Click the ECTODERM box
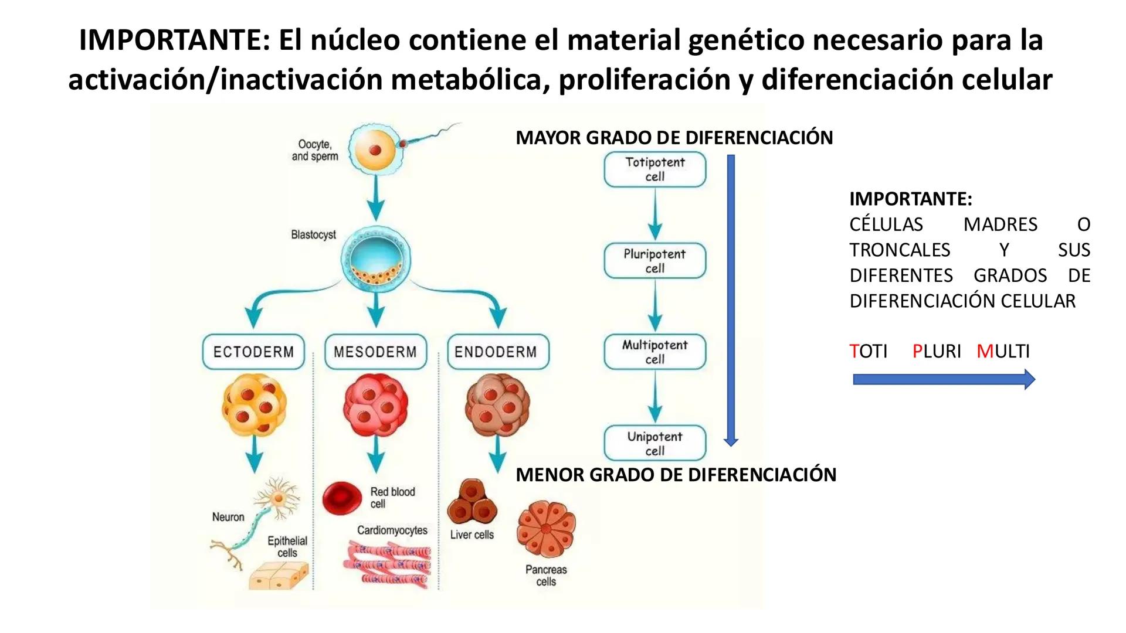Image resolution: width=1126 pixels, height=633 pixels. [x=253, y=352]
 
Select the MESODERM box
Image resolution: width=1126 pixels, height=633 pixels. [x=375, y=352]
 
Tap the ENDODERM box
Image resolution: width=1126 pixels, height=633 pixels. [x=497, y=352]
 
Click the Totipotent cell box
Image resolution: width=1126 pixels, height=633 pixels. [x=654, y=169]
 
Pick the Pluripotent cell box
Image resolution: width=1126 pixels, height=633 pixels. [x=654, y=261]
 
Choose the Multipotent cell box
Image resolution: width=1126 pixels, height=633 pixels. [x=654, y=352]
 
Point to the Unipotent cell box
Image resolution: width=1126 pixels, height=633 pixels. [x=654, y=443]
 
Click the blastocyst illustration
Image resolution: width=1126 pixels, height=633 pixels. [x=376, y=258]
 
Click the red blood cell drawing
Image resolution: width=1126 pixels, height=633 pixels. [x=342, y=498]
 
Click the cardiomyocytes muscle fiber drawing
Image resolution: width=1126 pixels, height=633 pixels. [x=387, y=564]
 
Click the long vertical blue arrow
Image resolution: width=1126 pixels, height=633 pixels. [x=731, y=299]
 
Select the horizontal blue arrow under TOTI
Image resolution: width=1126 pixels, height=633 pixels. [x=943, y=379]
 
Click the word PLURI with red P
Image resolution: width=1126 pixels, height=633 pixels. [x=936, y=351]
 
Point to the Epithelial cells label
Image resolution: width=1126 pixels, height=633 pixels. [x=287, y=546]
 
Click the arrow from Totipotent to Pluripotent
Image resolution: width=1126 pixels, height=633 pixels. [x=654, y=214]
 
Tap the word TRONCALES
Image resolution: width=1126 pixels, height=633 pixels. [x=900, y=250]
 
